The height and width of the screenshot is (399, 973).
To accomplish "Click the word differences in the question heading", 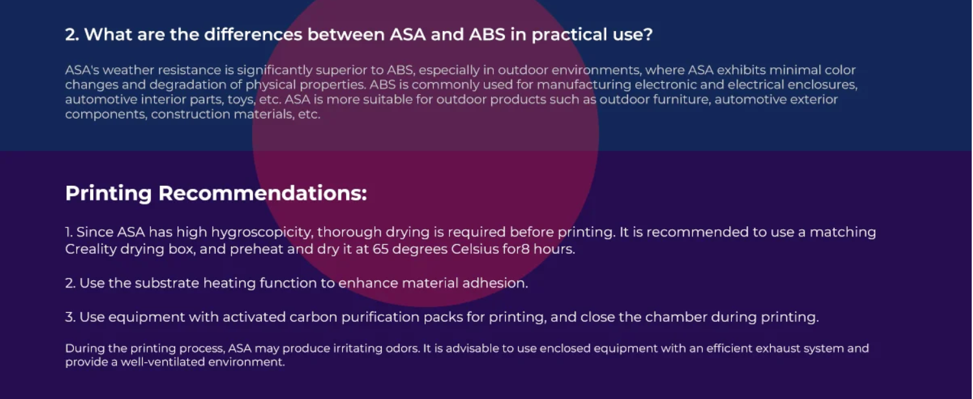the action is [x=253, y=34].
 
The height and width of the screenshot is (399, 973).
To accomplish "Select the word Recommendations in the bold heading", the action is [x=263, y=193].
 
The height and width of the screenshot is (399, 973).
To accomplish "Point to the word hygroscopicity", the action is [x=262, y=233].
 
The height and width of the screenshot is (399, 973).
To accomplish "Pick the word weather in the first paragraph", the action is [x=128, y=71].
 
